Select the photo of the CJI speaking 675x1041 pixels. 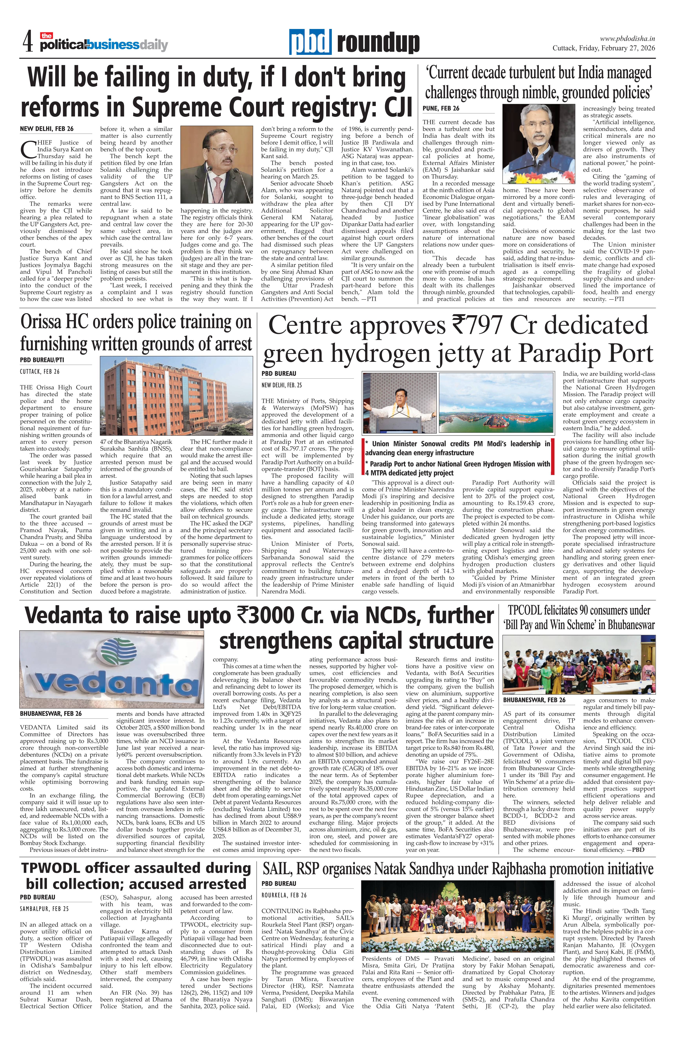[x=216, y=165]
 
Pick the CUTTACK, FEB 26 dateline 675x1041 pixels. [x=39, y=371]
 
